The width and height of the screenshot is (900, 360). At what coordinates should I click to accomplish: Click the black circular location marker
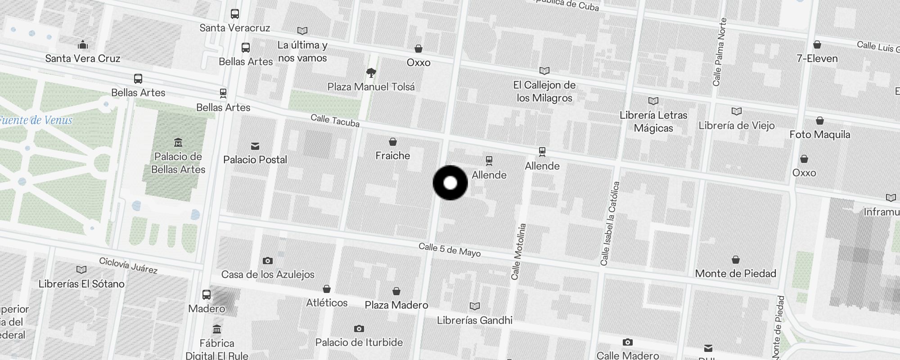click(450, 183)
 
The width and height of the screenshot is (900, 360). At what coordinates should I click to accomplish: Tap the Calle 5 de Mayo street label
click(450, 250)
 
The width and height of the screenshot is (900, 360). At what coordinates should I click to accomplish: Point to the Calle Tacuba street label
click(335, 120)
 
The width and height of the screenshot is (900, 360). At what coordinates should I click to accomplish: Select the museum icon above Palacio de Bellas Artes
click(178, 143)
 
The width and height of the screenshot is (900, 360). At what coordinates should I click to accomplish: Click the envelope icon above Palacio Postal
click(255, 146)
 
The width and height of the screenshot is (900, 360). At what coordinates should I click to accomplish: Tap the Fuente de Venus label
click(36, 120)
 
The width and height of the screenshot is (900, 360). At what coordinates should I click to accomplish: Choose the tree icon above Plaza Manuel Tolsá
click(371, 72)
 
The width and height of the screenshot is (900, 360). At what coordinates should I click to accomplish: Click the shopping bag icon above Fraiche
click(393, 142)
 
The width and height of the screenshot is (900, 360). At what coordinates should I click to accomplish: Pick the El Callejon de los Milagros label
click(544, 91)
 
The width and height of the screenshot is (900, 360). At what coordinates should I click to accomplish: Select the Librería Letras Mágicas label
click(653, 121)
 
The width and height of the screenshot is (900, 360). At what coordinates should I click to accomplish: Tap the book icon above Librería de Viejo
click(737, 111)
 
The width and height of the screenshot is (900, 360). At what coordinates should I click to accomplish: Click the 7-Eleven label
click(817, 58)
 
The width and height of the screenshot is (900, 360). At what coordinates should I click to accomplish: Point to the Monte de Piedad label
click(735, 274)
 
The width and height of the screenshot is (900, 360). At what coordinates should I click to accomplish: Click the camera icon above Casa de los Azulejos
click(268, 261)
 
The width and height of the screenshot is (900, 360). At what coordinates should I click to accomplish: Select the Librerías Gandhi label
click(475, 320)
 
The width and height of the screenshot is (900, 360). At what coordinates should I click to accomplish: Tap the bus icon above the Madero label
click(207, 295)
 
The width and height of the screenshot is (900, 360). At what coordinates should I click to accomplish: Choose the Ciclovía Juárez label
click(128, 265)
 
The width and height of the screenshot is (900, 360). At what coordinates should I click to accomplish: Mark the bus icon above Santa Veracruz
click(235, 14)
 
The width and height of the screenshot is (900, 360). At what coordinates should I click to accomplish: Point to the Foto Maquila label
click(819, 135)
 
